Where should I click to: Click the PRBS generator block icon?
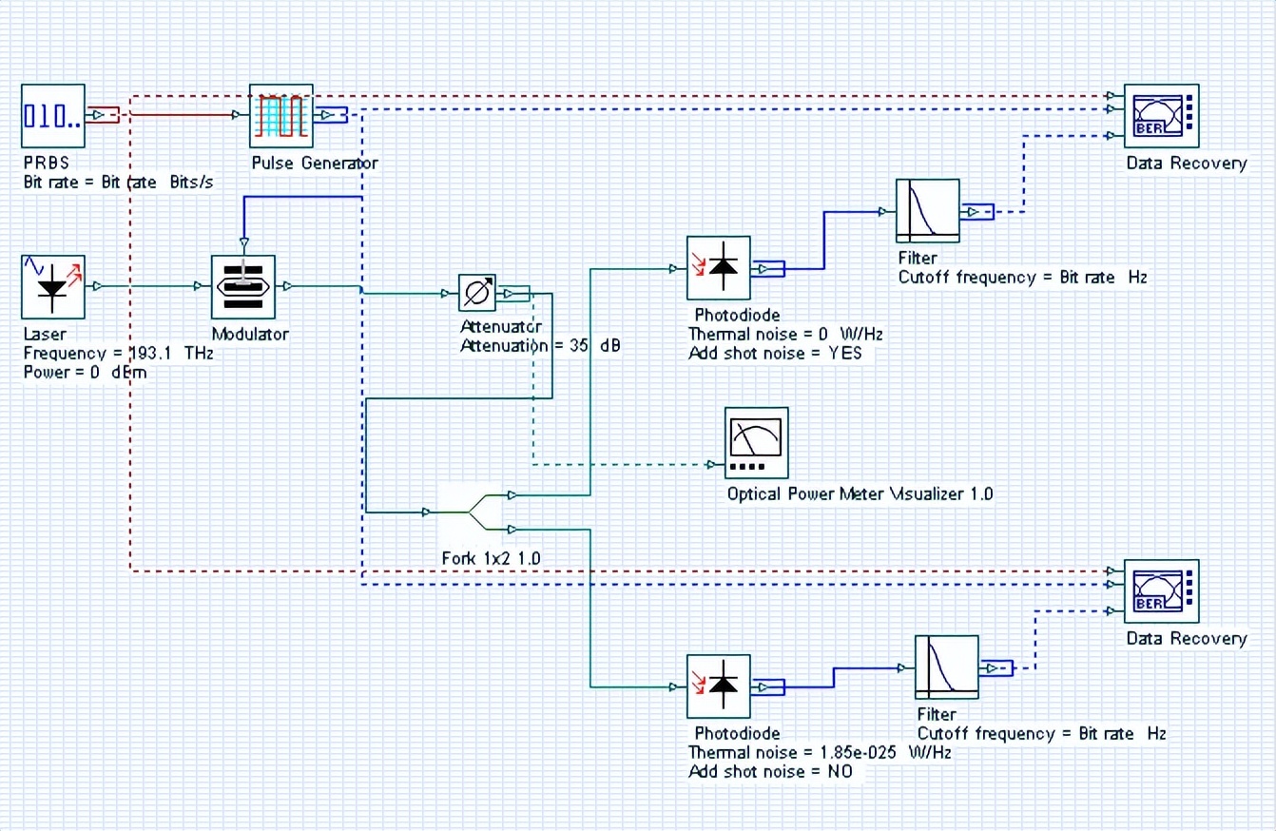(53, 116)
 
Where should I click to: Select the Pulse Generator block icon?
(281, 116)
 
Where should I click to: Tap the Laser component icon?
(53, 286)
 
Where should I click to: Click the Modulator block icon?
(242, 286)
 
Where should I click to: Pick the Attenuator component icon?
(477, 293)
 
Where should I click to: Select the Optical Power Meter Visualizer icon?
(757, 442)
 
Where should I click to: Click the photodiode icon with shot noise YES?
(719, 268)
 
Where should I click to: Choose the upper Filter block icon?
(928, 210)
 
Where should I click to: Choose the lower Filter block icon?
(947, 667)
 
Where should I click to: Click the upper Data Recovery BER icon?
(1161, 116)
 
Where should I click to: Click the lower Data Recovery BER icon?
(1161, 591)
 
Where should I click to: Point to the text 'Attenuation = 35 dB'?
(540, 346)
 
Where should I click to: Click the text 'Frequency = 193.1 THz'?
(118, 353)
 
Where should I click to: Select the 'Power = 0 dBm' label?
(85, 372)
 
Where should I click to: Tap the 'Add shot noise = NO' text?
(770, 771)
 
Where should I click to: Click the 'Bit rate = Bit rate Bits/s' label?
(118, 182)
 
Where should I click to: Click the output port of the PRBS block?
(102, 115)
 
